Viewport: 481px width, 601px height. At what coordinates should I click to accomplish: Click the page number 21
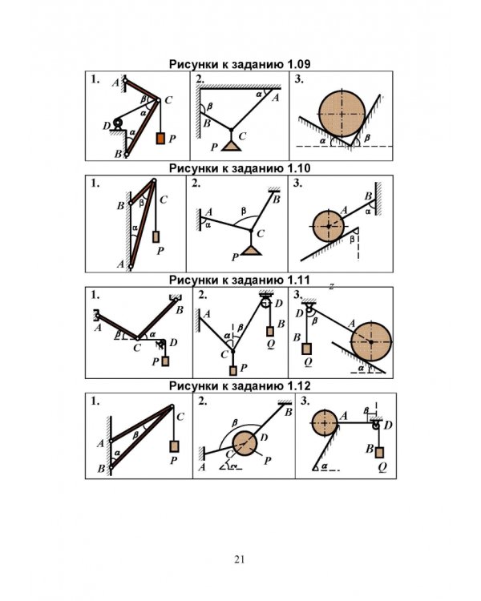coord(240,559)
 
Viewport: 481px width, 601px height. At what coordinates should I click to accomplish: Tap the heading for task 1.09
coord(240,64)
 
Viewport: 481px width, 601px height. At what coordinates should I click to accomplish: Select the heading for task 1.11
coord(240,280)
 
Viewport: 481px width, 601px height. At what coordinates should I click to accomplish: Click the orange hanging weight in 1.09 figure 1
coord(160,138)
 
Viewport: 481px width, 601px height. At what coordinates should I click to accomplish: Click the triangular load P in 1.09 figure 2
coord(231,146)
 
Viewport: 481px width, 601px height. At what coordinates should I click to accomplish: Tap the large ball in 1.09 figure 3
coord(342,114)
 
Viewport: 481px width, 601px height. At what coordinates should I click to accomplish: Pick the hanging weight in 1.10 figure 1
coord(156,236)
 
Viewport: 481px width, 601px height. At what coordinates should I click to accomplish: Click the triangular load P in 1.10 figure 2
coord(251,250)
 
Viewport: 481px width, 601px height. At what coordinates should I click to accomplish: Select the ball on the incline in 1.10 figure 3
coord(329,226)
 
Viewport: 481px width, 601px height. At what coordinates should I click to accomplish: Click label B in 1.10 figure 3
coord(368,196)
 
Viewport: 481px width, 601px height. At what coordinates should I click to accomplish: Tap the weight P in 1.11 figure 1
coord(165,361)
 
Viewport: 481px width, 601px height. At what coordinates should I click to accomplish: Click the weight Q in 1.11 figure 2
coord(270,332)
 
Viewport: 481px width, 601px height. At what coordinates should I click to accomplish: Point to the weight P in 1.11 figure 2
coord(232,371)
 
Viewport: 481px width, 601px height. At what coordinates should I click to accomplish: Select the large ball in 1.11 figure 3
coord(371,341)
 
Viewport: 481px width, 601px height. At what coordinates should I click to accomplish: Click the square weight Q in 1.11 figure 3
coord(306,349)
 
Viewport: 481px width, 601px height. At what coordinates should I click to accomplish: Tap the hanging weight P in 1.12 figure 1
coord(174,446)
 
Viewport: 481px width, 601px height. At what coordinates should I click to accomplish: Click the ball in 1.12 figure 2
coord(245,443)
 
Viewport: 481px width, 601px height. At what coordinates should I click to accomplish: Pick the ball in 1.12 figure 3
coord(325,423)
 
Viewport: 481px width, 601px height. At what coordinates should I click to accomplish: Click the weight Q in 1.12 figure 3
coord(379,452)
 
